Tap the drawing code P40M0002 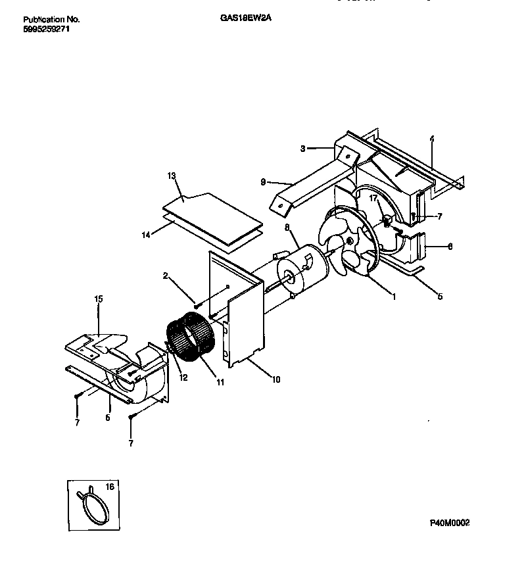click(x=450, y=523)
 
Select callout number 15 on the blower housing click(x=99, y=299)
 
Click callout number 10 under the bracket click(x=275, y=379)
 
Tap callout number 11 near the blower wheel click(x=220, y=381)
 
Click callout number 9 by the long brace click(x=263, y=182)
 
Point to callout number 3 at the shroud click(x=303, y=149)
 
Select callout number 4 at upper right click(x=431, y=140)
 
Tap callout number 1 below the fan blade click(x=393, y=297)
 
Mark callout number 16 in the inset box click(x=110, y=487)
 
